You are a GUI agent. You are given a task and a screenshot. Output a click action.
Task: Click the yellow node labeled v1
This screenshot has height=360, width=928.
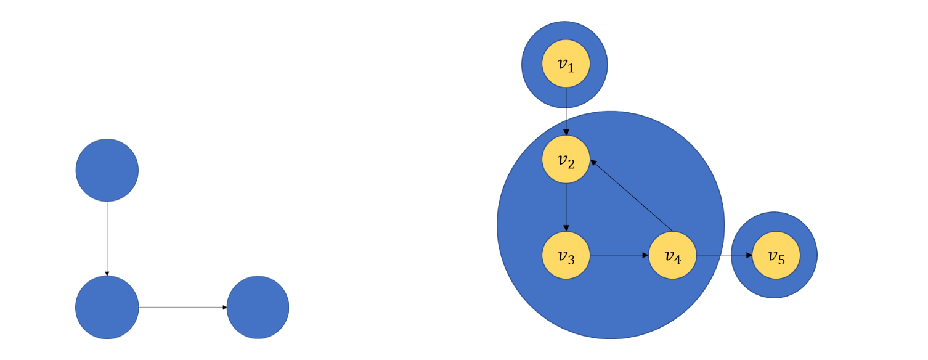click(x=566, y=65)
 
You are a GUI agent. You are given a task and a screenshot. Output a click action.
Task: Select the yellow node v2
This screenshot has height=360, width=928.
click(x=566, y=160)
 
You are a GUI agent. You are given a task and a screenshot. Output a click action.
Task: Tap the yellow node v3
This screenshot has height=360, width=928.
click(x=566, y=255)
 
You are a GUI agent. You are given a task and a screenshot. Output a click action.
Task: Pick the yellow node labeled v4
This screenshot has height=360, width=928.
click(x=672, y=255)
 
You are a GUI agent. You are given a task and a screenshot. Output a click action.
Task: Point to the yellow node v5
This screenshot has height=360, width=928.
click(x=775, y=255)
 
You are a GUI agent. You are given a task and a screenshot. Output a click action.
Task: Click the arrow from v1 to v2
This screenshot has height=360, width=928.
click(x=566, y=111)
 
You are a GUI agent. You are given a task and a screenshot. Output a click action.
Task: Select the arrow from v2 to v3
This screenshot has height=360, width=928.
click(x=566, y=207)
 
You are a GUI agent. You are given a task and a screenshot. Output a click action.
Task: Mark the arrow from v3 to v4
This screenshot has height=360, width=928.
click(x=619, y=255)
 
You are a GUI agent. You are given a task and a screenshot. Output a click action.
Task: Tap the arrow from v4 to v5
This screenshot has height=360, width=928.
click(x=724, y=255)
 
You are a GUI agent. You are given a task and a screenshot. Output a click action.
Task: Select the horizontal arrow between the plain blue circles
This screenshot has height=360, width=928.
click(x=183, y=307)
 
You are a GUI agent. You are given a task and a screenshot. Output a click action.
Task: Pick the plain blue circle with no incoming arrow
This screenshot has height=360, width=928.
click(x=107, y=170)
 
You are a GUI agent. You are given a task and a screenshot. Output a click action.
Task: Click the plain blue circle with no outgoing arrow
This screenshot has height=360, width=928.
click(x=258, y=307)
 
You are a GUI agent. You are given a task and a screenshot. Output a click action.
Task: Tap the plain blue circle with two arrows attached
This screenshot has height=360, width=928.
click(x=107, y=307)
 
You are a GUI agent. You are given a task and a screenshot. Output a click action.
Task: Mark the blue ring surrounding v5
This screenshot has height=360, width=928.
click(x=807, y=255)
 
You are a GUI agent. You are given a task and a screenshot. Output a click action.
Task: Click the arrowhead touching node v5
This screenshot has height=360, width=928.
click(x=749, y=255)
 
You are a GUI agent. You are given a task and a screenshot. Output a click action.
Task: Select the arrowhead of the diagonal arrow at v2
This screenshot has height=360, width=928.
click(x=593, y=162)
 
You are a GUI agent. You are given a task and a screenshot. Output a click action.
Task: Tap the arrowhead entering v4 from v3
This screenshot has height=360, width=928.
click(x=645, y=255)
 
